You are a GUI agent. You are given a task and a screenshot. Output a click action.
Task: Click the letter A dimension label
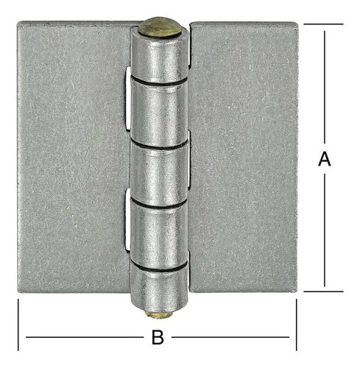(x=325, y=159)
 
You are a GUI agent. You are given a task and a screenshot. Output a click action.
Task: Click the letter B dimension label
(x=158, y=337)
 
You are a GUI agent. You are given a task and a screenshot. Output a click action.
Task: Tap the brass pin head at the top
(x=160, y=26)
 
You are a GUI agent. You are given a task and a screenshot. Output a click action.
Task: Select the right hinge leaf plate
(x=244, y=157)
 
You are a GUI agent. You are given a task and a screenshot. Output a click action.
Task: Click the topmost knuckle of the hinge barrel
(x=160, y=57)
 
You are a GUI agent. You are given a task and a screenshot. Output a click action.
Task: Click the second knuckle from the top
(x=159, y=113)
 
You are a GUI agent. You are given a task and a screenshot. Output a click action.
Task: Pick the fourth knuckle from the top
(x=159, y=236)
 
